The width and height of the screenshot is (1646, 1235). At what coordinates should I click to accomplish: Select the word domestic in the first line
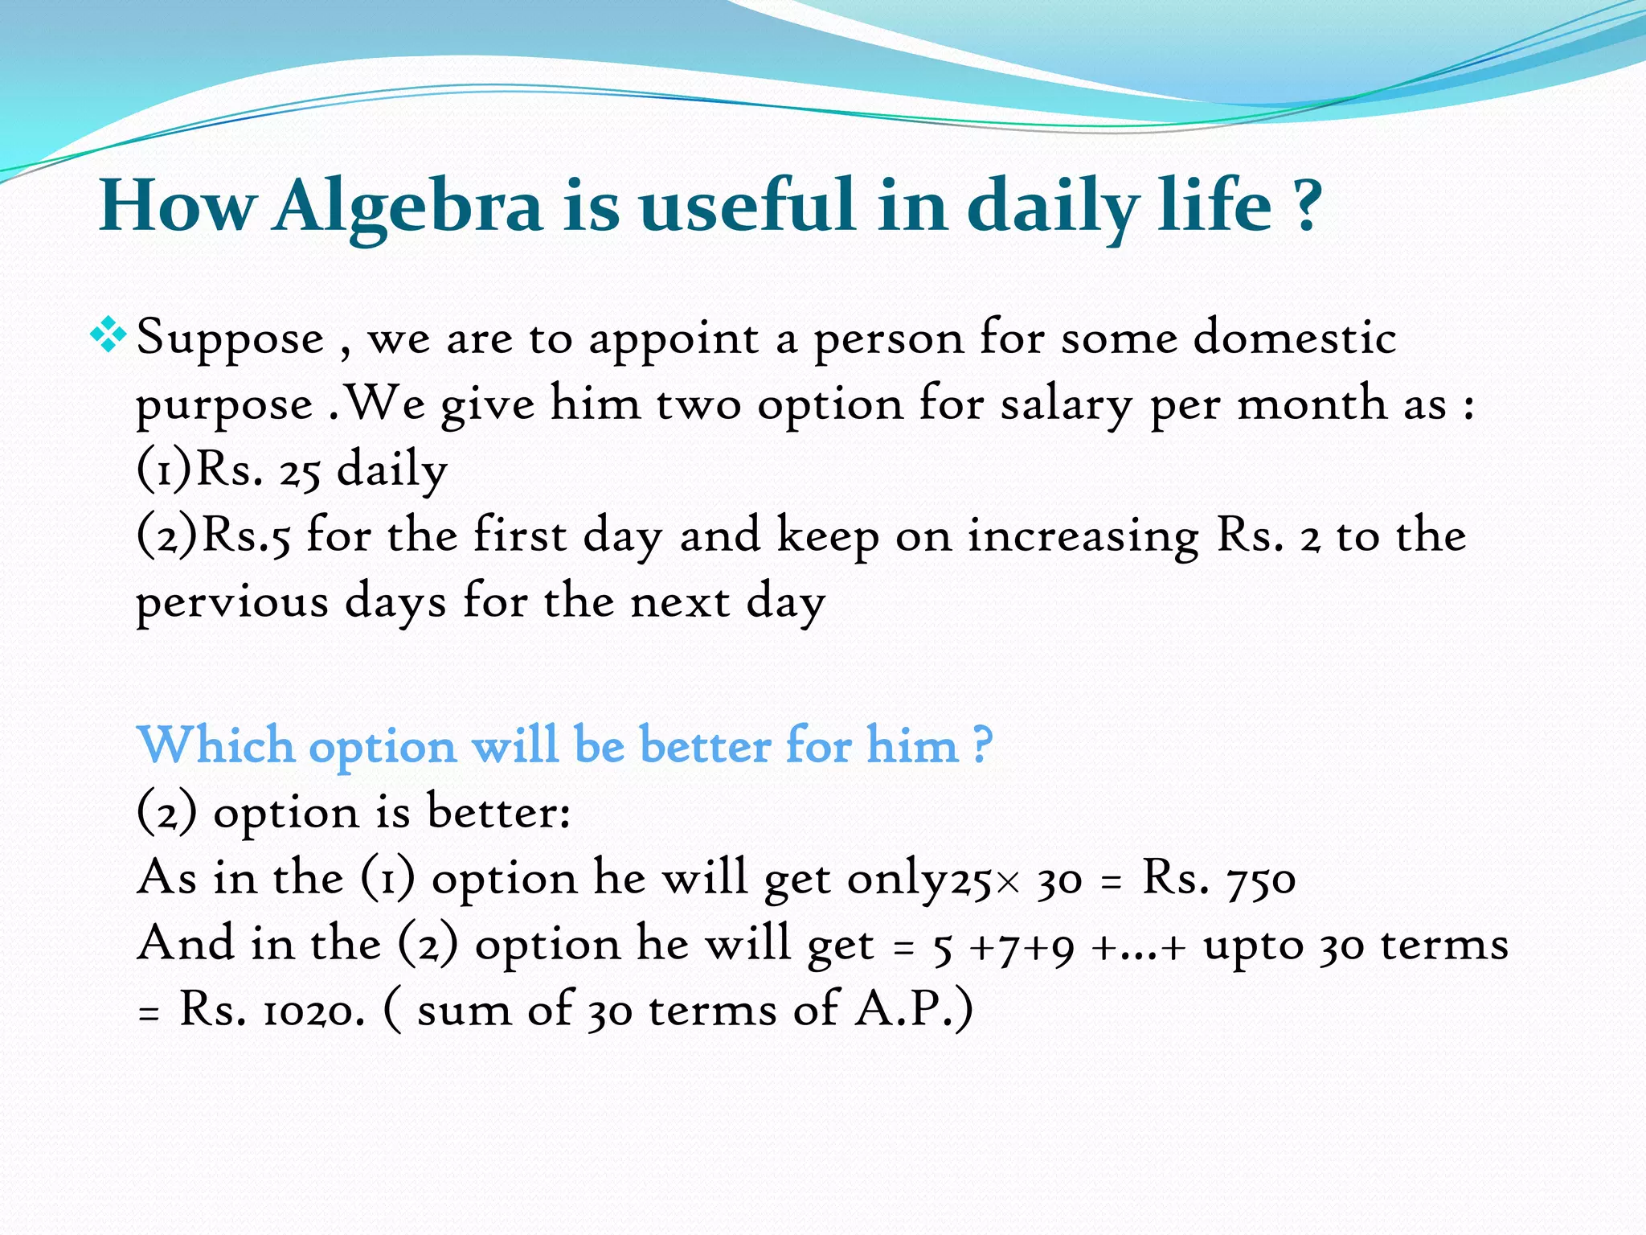point(1294,338)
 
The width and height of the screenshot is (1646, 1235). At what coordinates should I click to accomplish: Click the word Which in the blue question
point(215,745)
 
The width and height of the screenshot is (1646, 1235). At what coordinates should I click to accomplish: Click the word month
point(1312,404)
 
